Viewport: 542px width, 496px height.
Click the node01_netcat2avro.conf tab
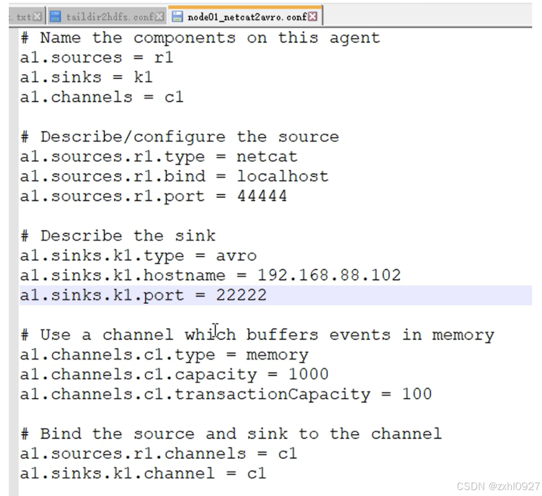(x=246, y=17)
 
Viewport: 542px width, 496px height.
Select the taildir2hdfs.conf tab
(x=110, y=17)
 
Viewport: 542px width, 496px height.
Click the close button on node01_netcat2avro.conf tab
(x=312, y=17)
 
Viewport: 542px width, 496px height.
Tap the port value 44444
(x=262, y=196)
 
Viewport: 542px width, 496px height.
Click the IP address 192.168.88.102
(x=329, y=275)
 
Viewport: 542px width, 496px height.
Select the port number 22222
(x=241, y=295)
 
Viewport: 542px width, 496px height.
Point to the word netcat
(x=267, y=156)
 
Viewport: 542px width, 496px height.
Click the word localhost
(x=282, y=176)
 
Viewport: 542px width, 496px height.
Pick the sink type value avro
(x=236, y=255)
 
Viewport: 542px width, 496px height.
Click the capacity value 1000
(x=308, y=374)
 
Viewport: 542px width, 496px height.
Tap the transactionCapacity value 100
(x=416, y=394)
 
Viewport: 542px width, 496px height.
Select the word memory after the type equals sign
(x=277, y=354)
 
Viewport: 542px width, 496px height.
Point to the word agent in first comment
(x=354, y=38)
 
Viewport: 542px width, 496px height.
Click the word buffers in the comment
(x=282, y=335)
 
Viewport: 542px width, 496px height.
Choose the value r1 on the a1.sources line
(x=163, y=57)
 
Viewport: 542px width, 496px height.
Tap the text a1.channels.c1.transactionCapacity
(x=195, y=394)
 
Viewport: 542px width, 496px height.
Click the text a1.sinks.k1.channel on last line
(x=117, y=473)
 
